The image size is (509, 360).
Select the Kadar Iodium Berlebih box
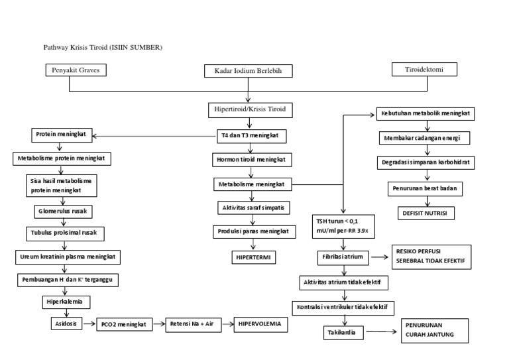[x=248, y=70]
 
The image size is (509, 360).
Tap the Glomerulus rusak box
[x=63, y=212]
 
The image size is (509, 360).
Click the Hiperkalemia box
[x=63, y=302]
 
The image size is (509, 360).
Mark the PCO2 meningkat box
[x=123, y=325]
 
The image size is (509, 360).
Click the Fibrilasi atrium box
[x=343, y=257]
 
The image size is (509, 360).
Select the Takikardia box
[x=343, y=332]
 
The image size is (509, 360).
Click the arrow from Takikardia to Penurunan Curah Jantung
[x=380, y=332]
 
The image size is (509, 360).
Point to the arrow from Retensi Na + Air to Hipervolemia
[x=223, y=324]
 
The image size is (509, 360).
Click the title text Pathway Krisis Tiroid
[x=103, y=48]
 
